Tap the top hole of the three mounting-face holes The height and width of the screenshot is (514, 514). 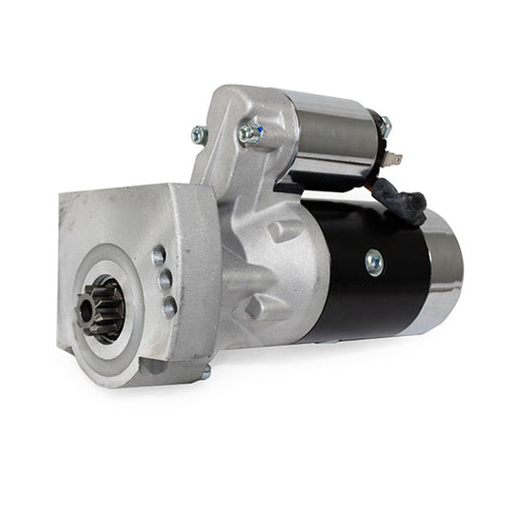point(158,256)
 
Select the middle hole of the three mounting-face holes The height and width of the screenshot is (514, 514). point(164,280)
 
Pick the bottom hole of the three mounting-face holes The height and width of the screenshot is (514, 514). point(168,306)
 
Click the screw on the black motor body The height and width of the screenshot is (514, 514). point(373,261)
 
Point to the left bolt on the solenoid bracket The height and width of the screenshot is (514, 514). point(199,135)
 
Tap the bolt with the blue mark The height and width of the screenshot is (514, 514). point(250,134)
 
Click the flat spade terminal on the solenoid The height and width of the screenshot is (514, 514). point(395,160)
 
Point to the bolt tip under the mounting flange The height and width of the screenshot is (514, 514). point(205,374)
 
